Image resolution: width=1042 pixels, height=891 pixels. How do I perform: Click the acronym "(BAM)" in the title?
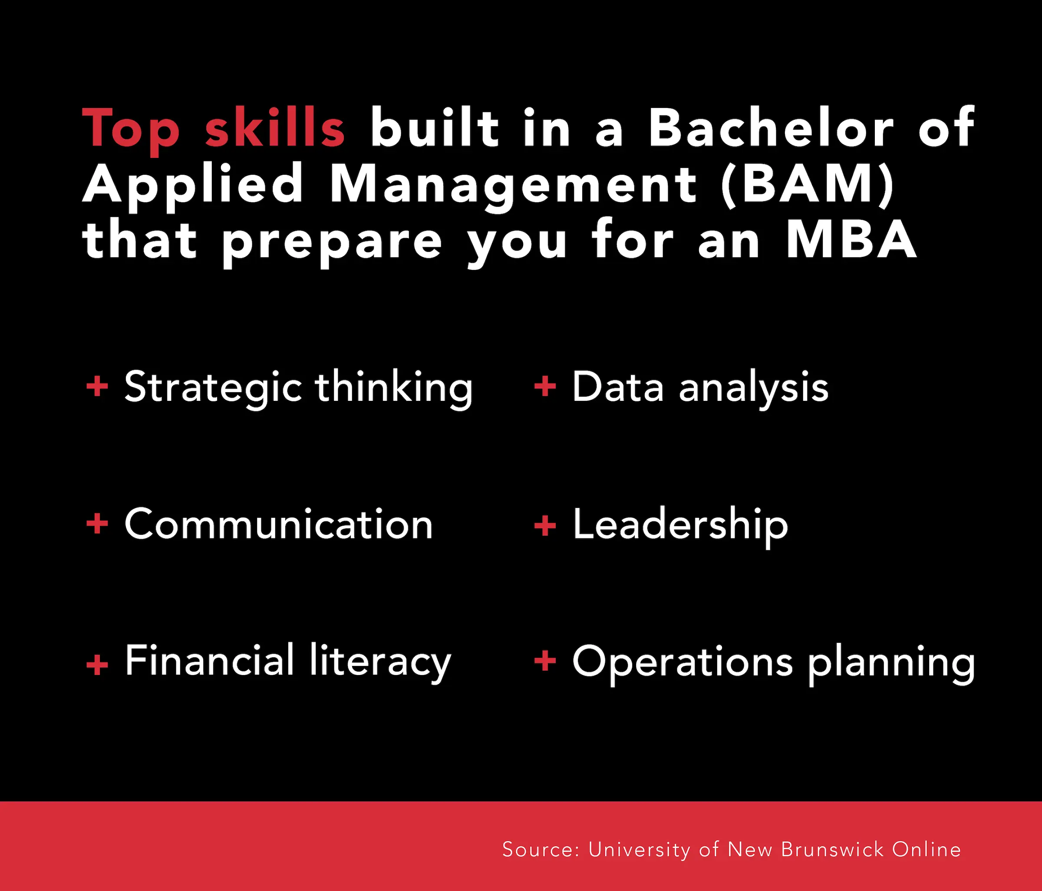pos(807,184)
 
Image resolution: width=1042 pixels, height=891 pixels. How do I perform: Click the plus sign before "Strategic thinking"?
pos(97,387)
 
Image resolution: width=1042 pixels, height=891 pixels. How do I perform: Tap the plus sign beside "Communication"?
pos(97,524)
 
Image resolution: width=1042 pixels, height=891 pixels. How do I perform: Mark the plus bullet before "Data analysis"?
pos(544,387)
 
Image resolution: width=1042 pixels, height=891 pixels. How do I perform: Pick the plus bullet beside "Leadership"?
pos(544,526)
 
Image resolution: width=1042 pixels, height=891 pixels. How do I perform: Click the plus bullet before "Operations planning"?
pos(544,661)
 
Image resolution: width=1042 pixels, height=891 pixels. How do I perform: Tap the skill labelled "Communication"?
pos(279,524)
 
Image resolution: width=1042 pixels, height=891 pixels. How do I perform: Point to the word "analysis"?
pos(753,388)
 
